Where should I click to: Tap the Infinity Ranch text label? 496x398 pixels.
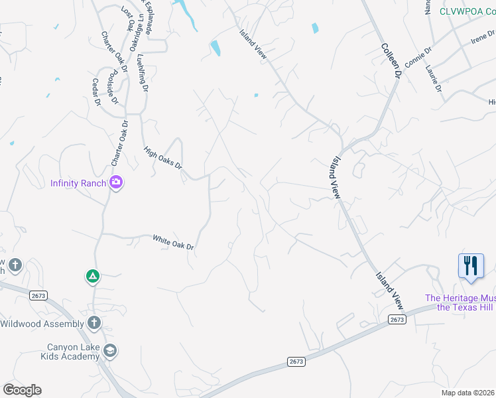[78, 183]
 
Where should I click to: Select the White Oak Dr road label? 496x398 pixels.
[173, 242]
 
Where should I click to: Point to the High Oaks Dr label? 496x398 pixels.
[163, 158]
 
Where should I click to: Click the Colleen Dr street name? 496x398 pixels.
[391, 62]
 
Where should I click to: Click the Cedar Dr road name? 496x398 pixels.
[96, 93]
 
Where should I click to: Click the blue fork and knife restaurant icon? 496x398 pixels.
[471, 266]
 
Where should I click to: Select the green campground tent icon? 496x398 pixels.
[92, 276]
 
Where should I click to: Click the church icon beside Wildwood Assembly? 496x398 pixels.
[94, 323]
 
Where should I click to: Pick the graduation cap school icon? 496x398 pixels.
[110, 351]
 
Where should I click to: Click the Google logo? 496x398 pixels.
[22, 390]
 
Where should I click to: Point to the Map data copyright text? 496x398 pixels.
[468, 393]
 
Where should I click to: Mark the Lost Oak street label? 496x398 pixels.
[126, 19]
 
